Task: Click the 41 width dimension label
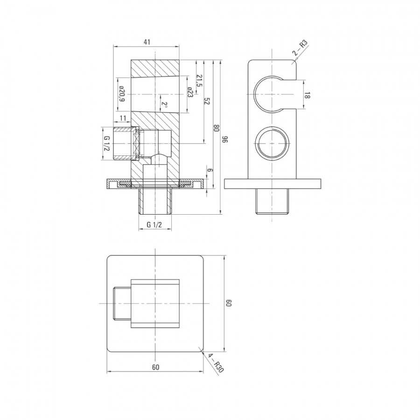click(x=147, y=42)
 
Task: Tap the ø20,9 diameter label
click(x=122, y=94)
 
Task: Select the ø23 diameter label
click(x=190, y=92)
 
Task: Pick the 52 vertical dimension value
click(x=207, y=102)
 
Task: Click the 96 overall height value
click(x=225, y=139)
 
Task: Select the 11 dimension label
click(x=122, y=119)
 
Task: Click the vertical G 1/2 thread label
click(x=107, y=144)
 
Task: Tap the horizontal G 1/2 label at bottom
click(x=154, y=224)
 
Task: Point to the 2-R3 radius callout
click(x=300, y=48)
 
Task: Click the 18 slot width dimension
click(x=307, y=95)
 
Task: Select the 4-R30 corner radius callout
click(x=216, y=363)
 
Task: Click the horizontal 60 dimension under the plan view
click(x=155, y=367)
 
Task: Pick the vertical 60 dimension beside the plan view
click(x=229, y=303)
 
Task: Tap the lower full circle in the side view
click(x=272, y=142)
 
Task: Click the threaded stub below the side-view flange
click(x=272, y=201)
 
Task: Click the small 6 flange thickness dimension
click(x=210, y=170)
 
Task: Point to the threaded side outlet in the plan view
click(x=122, y=303)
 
